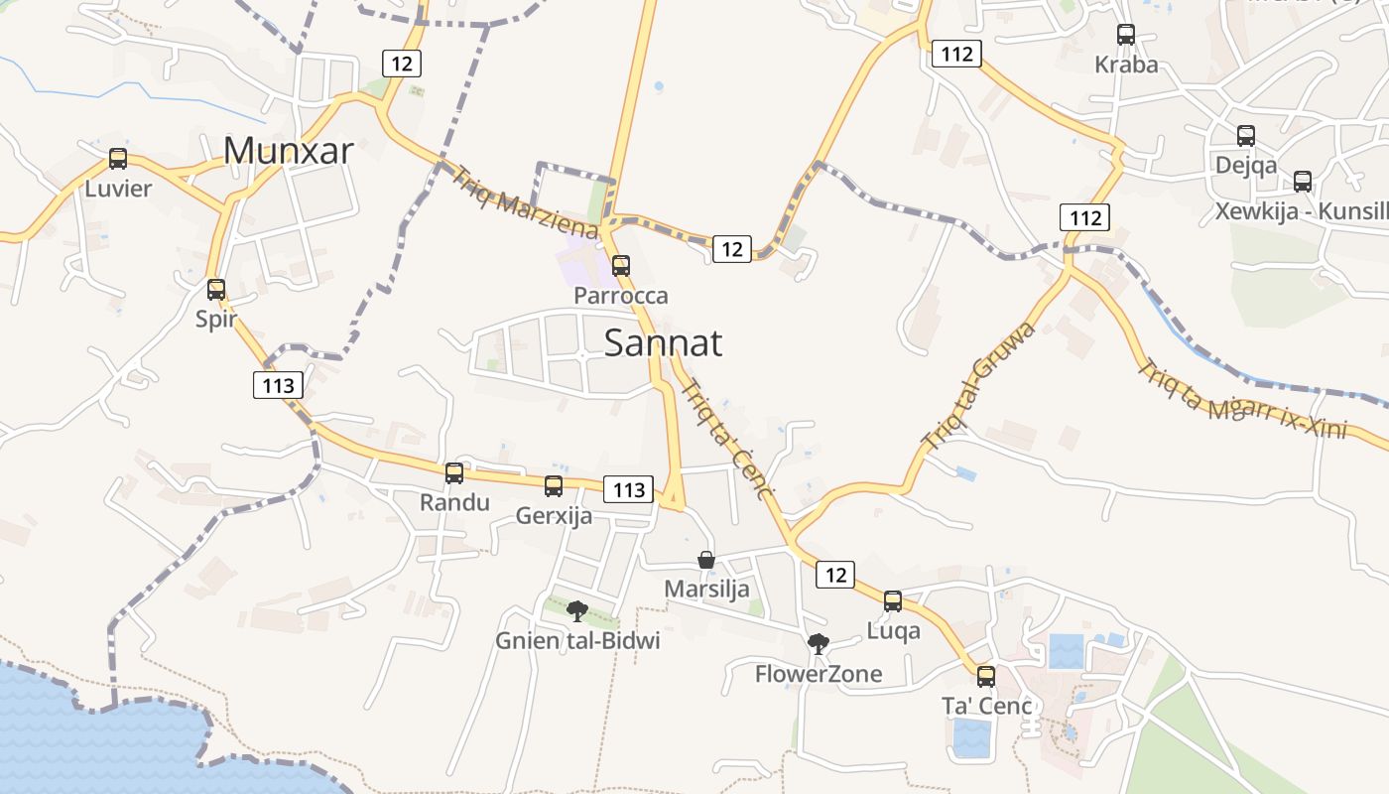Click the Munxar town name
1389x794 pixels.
289,151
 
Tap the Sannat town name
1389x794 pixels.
663,343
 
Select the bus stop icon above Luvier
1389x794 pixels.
118,159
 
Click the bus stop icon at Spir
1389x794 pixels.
216,290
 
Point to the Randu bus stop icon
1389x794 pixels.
454,473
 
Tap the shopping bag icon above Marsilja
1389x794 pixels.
706,560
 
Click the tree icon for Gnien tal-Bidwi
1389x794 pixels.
577,611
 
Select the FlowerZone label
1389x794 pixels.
819,675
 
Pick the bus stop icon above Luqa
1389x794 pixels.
893,601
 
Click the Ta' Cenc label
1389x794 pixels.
987,707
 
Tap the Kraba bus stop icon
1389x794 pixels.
1126,35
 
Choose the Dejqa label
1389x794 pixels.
1246,166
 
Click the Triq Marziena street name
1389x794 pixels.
525,202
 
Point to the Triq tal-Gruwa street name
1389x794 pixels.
979,386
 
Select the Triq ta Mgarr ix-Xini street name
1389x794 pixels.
1242,399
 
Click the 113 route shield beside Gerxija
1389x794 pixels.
629,489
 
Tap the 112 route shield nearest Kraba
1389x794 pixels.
956,54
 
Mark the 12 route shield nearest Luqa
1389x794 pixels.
835,574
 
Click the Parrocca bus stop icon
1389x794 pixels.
621,266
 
